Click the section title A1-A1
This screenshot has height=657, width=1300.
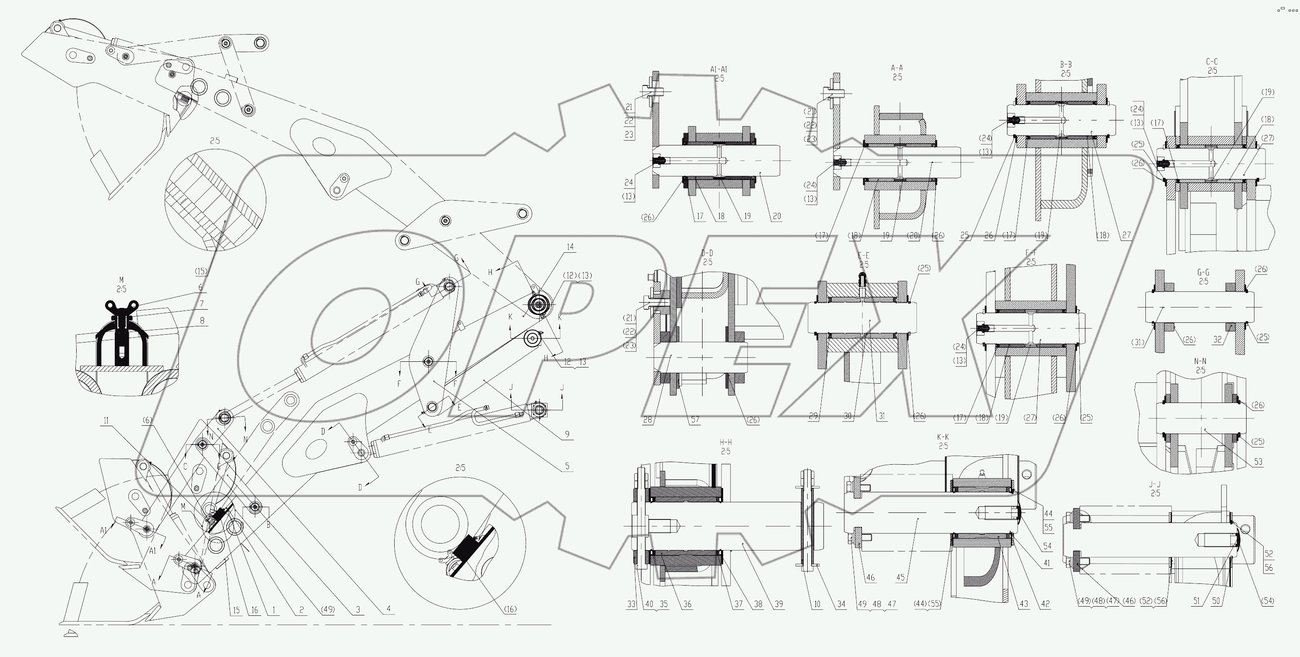pos(719,69)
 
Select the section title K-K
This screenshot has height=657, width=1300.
pos(943,437)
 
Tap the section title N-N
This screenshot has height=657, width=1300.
pos(1200,361)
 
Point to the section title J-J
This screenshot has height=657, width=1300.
pos(1155,484)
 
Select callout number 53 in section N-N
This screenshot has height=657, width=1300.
pos(1258,462)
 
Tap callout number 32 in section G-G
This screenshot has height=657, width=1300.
pos(1218,340)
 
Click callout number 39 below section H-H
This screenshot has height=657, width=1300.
pos(779,604)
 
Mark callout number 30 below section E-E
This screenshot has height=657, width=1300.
pos(848,416)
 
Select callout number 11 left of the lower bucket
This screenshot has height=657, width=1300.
pos(106,420)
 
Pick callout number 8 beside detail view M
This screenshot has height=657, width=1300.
pos(202,320)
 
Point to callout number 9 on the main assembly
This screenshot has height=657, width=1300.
pos(567,434)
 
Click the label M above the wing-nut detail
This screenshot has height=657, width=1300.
pos(121,279)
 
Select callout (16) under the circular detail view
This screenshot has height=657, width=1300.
pos(510,609)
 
